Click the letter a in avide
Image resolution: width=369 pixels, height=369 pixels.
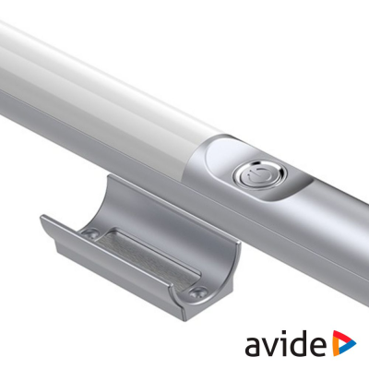[256, 347]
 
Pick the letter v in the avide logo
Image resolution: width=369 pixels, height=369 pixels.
[275, 347]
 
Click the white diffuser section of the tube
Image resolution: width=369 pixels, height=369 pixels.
[111, 83]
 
